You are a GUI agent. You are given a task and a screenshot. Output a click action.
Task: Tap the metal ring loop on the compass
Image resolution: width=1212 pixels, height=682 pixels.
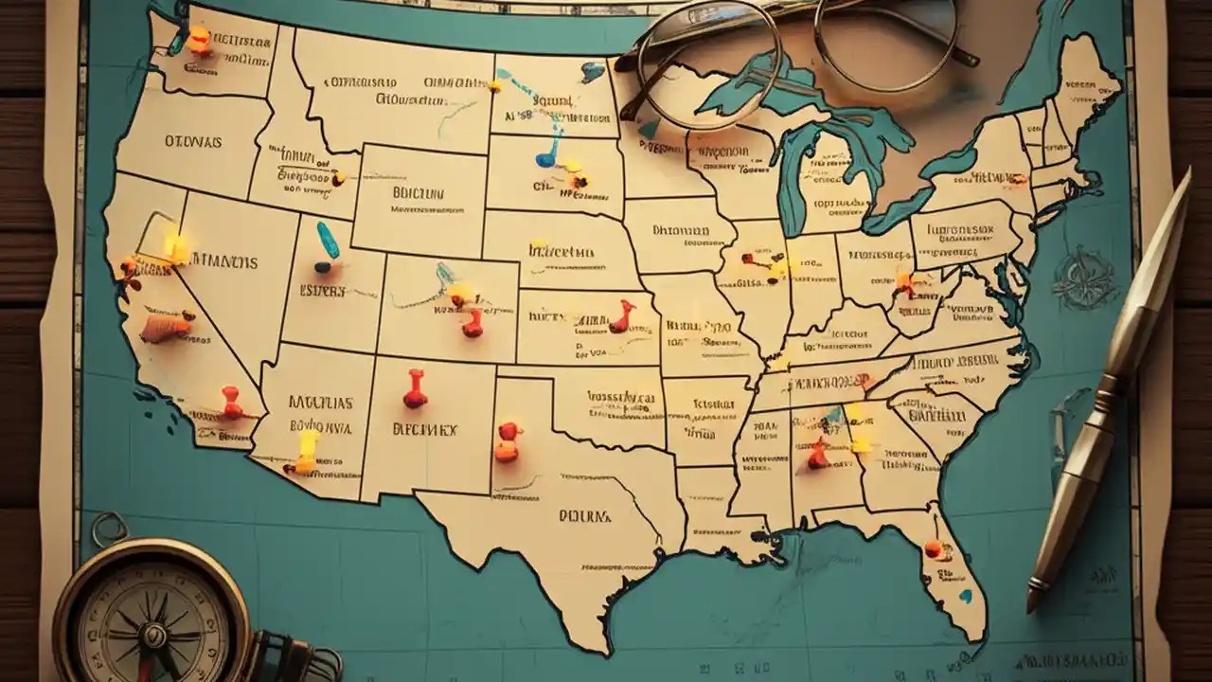point(109,529)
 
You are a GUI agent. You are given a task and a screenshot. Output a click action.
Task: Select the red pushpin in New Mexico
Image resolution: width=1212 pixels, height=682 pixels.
point(415,389)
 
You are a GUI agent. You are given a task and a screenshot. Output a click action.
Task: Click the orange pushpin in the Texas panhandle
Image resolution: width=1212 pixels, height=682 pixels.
point(508,441)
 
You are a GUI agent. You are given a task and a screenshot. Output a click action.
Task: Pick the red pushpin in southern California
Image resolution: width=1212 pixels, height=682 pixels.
point(231,402)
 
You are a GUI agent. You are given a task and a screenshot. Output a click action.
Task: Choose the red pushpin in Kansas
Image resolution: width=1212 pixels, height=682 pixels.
point(622,316)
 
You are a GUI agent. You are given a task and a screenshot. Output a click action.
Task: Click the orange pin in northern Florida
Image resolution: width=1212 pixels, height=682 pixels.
point(934,548)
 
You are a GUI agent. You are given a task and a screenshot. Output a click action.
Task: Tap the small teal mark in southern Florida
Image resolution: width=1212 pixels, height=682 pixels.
point(965,597)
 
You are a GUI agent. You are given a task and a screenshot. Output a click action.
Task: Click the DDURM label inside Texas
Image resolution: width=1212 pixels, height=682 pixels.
point(584,516)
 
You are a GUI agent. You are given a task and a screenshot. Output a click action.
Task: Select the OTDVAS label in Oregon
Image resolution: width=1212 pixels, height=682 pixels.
point(193,141)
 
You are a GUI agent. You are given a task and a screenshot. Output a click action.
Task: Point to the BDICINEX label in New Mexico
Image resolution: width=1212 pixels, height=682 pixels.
point(424,429)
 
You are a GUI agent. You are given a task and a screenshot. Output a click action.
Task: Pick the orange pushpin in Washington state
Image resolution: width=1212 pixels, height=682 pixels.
point(199,38)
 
